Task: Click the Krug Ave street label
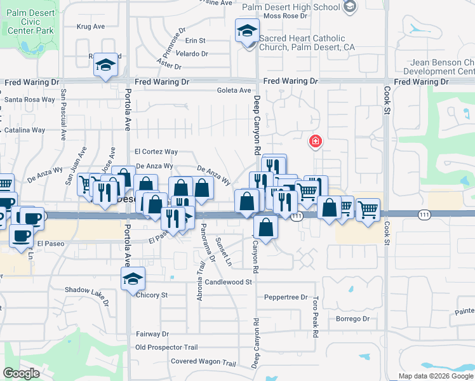[90, 27]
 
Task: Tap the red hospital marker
[314, 142]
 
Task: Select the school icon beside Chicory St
[133, 279]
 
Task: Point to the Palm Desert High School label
[292, 7]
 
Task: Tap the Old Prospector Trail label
[167, 347]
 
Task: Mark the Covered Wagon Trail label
[203, 363]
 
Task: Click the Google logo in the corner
[21, 373]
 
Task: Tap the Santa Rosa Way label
[30, 100]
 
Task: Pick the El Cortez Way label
[156, 152]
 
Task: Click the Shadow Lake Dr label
[87, 290]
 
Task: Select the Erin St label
[196, 40]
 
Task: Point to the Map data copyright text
[436, 376]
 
